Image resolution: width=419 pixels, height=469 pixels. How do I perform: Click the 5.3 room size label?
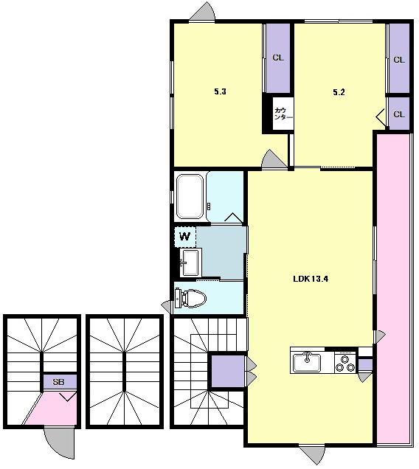coord(220,92)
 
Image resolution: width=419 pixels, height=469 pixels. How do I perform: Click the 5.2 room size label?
coord(339,92)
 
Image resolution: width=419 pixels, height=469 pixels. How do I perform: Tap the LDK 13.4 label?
coord(311,279)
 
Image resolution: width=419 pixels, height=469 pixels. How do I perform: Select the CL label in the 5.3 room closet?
coord(278,58)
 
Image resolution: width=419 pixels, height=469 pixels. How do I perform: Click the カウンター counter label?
coord(283,114)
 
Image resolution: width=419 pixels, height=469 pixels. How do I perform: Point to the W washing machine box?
coord(185,237)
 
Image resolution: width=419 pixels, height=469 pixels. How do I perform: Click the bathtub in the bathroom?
coord(190,196)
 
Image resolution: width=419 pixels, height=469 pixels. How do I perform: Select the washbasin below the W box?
coord(190,263)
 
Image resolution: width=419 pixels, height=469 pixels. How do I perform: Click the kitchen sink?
coord(307,363)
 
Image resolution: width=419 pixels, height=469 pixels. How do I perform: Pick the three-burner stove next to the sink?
coord(344,363)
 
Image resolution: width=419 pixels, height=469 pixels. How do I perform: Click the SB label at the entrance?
coord(59,382)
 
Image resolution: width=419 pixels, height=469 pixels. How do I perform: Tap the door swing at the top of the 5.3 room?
coord(203,12)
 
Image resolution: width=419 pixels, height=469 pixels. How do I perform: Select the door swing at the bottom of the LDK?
coord(312,455)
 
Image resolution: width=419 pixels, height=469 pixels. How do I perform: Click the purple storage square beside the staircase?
coord(229,371)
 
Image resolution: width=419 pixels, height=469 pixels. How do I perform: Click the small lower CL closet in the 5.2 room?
coord(399,114)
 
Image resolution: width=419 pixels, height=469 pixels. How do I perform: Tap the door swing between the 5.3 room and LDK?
coord(274,159)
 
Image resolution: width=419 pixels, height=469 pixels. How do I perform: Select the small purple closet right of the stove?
coord(365,365)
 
